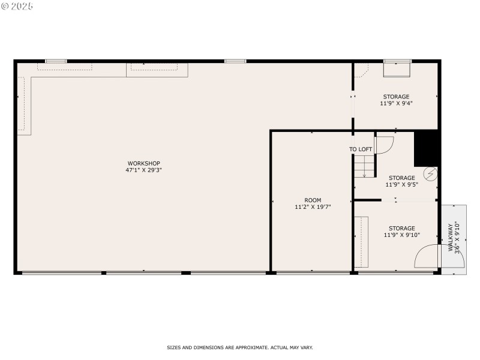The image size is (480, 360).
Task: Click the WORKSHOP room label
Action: pos(143,163)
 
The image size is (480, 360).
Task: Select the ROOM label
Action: pos(313,200)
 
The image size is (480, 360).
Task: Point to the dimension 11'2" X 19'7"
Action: pos(313,207)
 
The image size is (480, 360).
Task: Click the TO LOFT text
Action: pos(361,149)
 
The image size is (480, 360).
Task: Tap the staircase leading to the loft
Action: pos(364,166)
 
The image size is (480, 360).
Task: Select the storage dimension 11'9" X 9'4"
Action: pos(396,103)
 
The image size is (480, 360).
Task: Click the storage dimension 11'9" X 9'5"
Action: pos(401,185)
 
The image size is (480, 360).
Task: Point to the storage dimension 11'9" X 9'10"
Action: pos(401,235)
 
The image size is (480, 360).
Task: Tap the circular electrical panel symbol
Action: pos(430,174)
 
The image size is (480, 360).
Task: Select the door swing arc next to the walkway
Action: pos(427,257)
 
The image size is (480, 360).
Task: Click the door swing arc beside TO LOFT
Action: pos(384,145)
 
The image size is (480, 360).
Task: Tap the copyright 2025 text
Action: pos(17,6)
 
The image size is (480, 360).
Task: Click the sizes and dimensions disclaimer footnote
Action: pos(239,347)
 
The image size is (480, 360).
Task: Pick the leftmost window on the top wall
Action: pos(56,61)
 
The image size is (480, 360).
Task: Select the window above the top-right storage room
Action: pos(397,61)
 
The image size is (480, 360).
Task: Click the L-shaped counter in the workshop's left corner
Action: pos(24,102)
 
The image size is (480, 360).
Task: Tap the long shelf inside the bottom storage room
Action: pos(361,241)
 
